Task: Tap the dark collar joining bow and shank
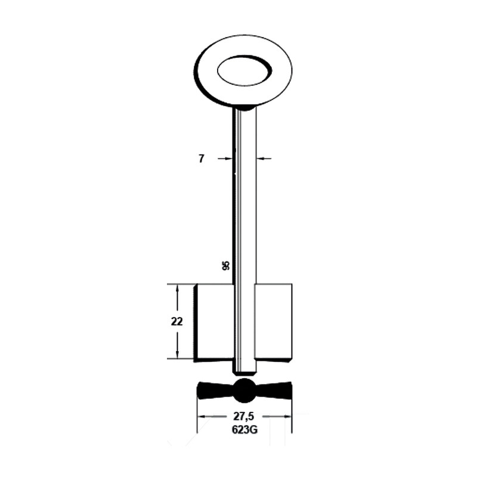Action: coord(244,107)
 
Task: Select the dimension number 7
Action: coord(202,159)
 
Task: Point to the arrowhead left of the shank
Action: coord(228,159)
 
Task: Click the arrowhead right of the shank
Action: coord(261,159)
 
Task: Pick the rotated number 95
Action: coord(226,266)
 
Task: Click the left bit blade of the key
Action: coord(214,322)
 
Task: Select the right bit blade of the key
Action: coord(274,322)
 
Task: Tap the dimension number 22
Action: coord(176,321)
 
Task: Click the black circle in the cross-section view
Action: coord(244,391)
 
